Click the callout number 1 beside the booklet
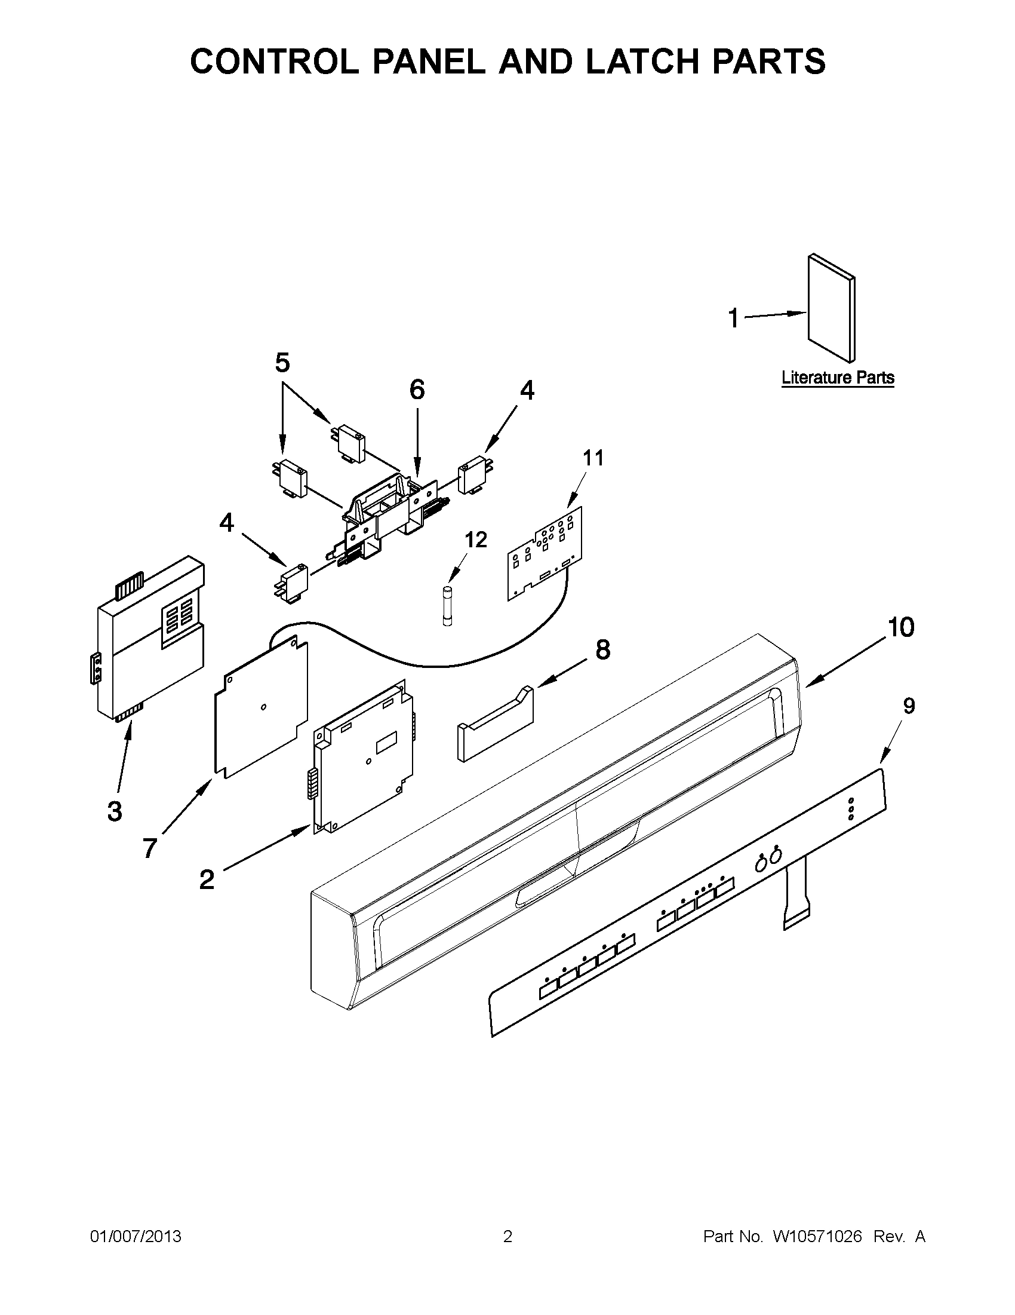(733, 318)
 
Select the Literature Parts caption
(838, 378)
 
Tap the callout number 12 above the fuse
(475, 540)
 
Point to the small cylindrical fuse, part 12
(448, 607)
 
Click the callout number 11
(593, 458)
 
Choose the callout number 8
(602, 650)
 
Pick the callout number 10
(901, 627)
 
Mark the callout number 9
(909, 706)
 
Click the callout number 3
(114, 810)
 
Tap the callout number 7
(149, 848)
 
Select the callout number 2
(207, 879)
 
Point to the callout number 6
(417, 390)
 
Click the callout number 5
(282, 363)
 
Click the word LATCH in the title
(644, 61)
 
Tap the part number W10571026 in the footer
(817, 1237)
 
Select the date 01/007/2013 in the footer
(136, 1237)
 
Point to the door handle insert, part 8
(495, 725)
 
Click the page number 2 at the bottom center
(507, 1237)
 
